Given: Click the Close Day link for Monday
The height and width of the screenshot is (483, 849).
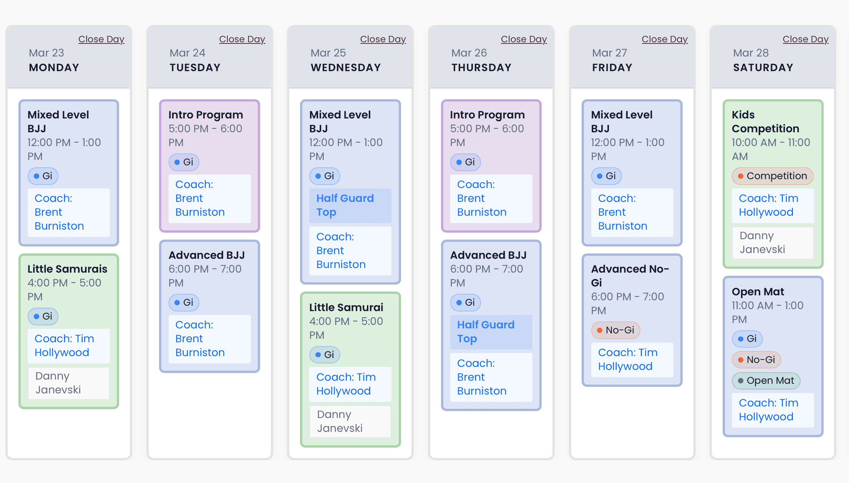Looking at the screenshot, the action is coord(101,39).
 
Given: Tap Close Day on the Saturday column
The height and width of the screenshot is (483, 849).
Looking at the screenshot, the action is coord(806,39).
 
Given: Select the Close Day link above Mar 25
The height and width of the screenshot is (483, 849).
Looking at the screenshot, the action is coord(383,39).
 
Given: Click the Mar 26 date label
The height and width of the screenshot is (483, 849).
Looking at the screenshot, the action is coord(469,53).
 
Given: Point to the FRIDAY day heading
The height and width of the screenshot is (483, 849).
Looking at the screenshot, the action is coord(612,68).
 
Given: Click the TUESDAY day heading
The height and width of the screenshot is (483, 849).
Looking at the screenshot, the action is coord(195,68).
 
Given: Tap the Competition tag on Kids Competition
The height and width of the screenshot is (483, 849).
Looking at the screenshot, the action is coord(773,176).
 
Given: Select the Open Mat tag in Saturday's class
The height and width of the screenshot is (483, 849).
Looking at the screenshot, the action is coord(766,381).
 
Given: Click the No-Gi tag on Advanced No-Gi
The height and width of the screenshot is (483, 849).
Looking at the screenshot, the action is coord(615,330).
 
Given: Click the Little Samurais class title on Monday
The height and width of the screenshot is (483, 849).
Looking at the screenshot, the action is coord(67,269).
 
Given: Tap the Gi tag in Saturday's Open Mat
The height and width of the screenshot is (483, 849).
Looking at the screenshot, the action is coord(747,339).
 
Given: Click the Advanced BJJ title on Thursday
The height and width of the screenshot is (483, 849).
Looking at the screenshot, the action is coord(488,255).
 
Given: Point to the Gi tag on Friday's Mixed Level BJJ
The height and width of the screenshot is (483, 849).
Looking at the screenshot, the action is coord(606,176).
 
